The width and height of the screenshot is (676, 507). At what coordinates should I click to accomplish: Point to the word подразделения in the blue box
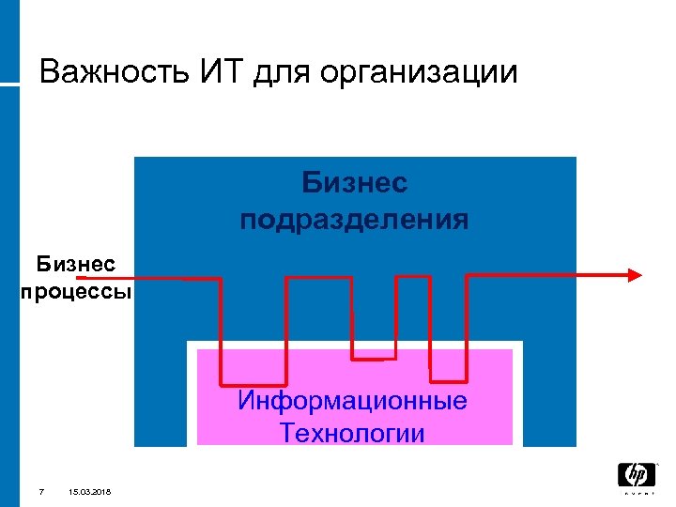355,220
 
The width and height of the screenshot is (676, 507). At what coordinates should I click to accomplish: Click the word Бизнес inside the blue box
355,182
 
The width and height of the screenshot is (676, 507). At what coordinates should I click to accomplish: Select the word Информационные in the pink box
352,402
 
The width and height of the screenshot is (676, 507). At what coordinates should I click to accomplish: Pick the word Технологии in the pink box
352,433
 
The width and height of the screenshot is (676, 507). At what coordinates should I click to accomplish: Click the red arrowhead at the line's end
635,275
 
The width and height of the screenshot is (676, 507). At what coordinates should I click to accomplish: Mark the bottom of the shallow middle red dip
374,358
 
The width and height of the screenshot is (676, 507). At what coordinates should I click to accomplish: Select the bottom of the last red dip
448,380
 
